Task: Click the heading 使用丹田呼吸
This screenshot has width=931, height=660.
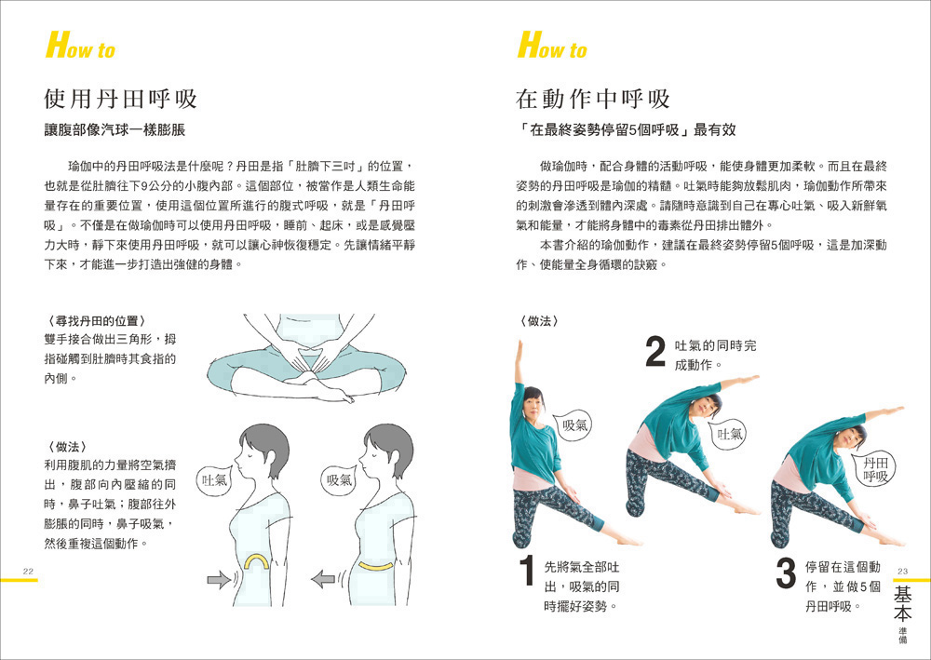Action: coord(120,99)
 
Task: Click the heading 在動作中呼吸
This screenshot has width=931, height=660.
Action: coord(592,99)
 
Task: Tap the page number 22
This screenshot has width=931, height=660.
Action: coord(28,572)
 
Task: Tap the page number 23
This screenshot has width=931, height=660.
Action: coord(902,572)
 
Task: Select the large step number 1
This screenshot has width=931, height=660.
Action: coord(527,571)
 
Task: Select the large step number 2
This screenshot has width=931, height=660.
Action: coord(654,351)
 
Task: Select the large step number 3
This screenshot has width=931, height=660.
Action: coord(786,573)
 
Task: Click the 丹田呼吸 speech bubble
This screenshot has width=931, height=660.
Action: coord(873,470)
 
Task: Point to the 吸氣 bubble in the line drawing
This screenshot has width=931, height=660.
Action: coord(340,479)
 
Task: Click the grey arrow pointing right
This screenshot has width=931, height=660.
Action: coord(219,579)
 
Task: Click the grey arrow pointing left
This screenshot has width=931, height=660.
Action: coord(323,579)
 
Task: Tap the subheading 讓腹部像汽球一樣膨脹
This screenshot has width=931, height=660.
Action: coord(115,130)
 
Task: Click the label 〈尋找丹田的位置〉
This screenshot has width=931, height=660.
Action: coord(95,321)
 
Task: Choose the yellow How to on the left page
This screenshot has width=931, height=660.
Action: coord(80,46)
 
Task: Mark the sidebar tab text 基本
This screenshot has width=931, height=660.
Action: coord(902,602)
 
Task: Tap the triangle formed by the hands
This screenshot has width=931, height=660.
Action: coord(306,362)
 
